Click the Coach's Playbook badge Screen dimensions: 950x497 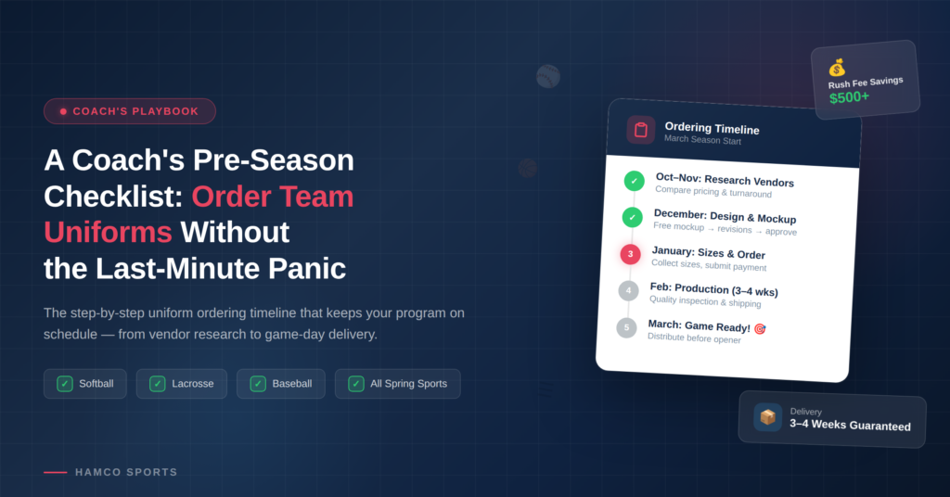coord(130,111)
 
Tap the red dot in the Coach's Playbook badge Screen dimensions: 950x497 coord(63,111)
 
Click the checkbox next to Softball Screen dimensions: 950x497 coord(65,384)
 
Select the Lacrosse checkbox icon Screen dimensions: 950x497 coord(158,384)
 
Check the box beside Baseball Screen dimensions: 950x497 coord(258,384)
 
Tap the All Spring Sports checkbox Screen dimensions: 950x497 coord(356,384)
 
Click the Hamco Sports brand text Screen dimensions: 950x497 coord(126,472)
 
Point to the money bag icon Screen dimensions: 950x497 coord(837,68)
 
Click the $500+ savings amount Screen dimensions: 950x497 coord(850,96)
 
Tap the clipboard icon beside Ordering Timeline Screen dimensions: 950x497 coord(641,130)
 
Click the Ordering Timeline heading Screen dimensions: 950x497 coord(712,128)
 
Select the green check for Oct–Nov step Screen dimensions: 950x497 coord(635,181)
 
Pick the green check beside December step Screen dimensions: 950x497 coord(633,217)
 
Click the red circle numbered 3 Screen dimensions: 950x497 coord(631,254)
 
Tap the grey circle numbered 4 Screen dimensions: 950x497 coord(629,290)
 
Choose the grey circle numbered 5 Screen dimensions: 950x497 coord(626,327)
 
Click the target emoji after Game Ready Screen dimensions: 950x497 coord(760,329)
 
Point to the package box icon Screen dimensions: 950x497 coord(767,417)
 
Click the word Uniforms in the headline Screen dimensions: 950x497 coord(108,233)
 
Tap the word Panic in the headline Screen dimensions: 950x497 coord(307,269)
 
